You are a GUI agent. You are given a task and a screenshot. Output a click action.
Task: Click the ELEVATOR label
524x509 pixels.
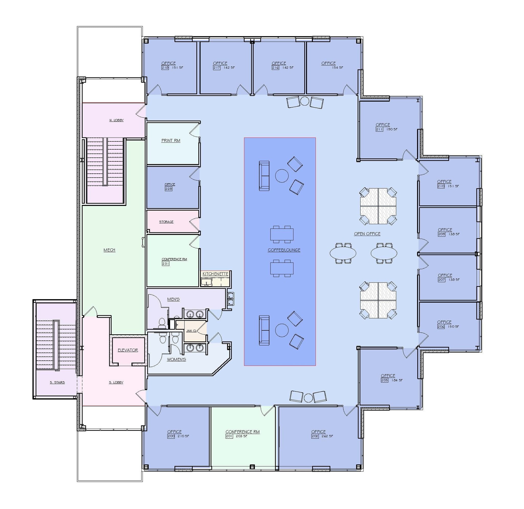click(128, 350)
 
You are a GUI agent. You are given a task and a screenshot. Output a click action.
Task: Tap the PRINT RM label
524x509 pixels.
click(171, 140)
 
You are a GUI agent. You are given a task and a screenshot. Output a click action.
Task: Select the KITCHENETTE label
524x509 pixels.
click(215, 274)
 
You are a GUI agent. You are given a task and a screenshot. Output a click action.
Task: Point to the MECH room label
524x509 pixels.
click(109, 250)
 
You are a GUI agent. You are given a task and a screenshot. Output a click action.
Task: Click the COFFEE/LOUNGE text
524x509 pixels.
click(284, 250)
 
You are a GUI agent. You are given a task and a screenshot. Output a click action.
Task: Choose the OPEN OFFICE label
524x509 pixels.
click(367, 234)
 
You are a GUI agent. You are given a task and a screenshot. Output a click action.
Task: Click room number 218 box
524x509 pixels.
click(165, 68)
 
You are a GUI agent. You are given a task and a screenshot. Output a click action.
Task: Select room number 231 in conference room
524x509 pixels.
click(166, 264)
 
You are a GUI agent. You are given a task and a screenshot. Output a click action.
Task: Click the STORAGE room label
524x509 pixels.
click(166, 222)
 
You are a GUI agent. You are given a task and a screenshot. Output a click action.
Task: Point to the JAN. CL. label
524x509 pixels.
click(191, 331)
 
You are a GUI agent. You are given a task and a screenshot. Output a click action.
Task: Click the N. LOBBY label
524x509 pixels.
click(117, 120)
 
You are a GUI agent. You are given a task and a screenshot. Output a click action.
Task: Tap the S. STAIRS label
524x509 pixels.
click(57, 382)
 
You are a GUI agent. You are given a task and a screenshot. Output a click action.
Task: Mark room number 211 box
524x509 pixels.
click(379, 129)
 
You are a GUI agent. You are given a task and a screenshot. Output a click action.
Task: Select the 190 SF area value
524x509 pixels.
click(392, 129)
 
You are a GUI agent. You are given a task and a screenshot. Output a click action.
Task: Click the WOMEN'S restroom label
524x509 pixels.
click(177, 359)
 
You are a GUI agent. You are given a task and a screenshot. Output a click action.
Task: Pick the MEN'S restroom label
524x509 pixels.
click(173, 299)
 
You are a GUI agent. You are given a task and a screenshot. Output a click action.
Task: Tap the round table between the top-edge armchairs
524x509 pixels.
click(305, 101)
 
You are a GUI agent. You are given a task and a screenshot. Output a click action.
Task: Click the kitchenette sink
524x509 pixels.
click(207, 282)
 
